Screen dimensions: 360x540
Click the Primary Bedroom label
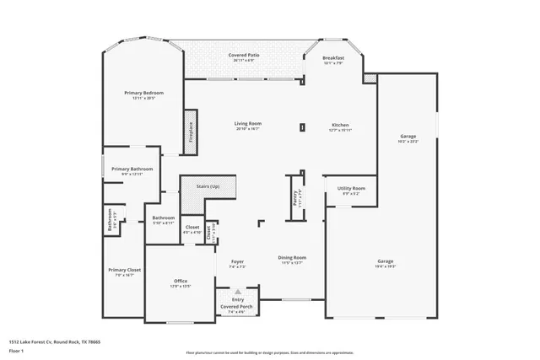click(x=143, y=93)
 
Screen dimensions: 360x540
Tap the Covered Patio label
click(x=244, y=55)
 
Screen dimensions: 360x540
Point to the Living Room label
click(x=247, y=124)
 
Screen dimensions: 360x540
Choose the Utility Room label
click(x=352, y=188)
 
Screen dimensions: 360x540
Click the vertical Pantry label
click(x=284, y=197)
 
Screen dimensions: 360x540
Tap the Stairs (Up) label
click(x=208, y=185)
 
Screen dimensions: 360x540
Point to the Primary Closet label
click(x=124, y=270)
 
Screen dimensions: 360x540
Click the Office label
click(x=181, y=281)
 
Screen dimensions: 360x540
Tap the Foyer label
click(x=237, y=262)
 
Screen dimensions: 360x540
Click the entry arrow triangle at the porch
click(x=237, y=292)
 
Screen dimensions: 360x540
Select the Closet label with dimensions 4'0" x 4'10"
click(x=192, y=228)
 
